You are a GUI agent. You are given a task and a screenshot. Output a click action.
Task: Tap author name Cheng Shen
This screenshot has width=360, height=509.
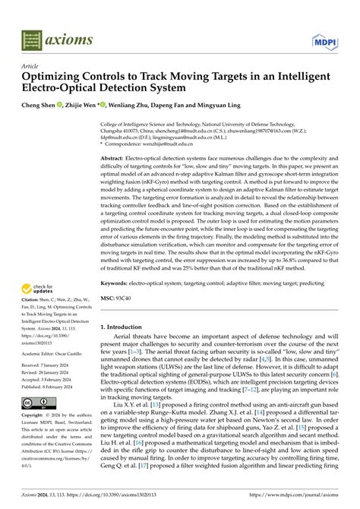click(42, 107)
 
